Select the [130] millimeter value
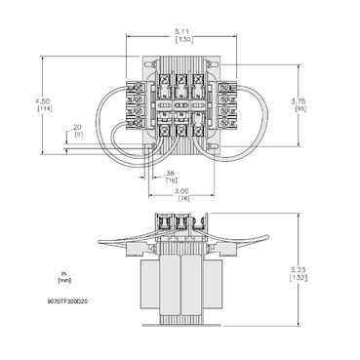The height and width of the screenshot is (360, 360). [181, 40]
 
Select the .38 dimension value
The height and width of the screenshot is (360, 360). [170, 174]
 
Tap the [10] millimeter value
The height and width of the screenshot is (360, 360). [170, 181]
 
